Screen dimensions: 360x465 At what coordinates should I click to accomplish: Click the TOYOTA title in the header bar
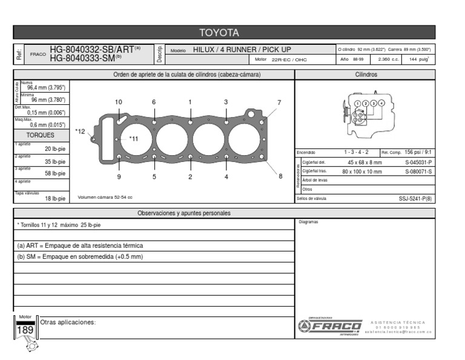[219, 33]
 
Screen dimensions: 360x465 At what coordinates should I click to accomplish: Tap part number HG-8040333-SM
[83, 58]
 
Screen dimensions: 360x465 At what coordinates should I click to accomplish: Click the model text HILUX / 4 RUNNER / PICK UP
[242, 49]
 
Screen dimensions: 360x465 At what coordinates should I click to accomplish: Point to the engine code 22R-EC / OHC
[289, 60]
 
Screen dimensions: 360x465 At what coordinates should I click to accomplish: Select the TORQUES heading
[40, 135]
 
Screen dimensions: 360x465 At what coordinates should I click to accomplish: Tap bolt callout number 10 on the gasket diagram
[118, 102]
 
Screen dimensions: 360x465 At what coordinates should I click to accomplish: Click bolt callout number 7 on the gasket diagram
[279, 102]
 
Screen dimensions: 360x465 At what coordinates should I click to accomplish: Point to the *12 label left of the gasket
[80, 131]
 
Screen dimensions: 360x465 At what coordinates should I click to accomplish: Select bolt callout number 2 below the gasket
[190, 177]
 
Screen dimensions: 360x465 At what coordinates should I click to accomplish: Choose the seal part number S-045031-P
[418, 162]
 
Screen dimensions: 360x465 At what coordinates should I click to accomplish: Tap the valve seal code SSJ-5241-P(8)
[415, 198]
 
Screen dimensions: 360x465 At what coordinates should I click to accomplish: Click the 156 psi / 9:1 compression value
[418, 152]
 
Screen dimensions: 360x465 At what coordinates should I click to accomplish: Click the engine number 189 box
[25, 330]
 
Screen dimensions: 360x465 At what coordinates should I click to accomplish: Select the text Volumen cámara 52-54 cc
[105, 197]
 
